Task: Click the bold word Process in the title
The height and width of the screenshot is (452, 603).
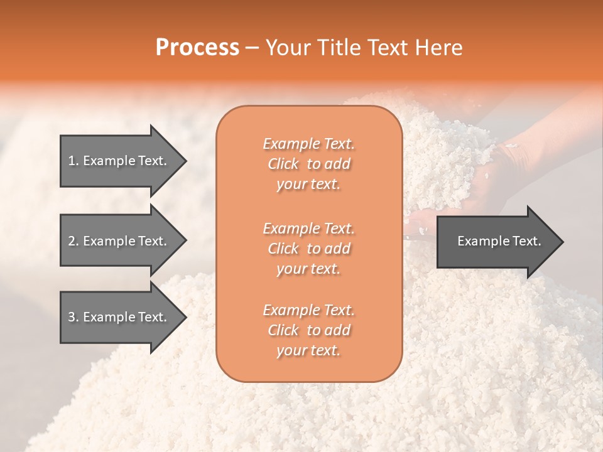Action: (197, 48)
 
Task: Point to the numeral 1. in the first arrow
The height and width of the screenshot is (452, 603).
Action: (73, 161)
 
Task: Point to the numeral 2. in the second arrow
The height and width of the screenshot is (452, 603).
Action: (73, 241)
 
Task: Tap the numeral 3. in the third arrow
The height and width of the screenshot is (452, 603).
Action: (73, 317)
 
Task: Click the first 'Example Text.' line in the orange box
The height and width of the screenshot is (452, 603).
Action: (308, 144)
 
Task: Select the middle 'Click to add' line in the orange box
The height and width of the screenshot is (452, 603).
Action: (308, 249)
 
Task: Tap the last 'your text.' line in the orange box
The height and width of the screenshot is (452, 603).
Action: (308, 351)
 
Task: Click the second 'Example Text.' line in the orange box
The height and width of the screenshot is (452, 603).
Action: (308, 228)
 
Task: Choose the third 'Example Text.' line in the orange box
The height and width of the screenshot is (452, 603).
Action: (308, 310)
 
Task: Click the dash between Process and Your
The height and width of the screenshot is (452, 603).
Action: (253, 48)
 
